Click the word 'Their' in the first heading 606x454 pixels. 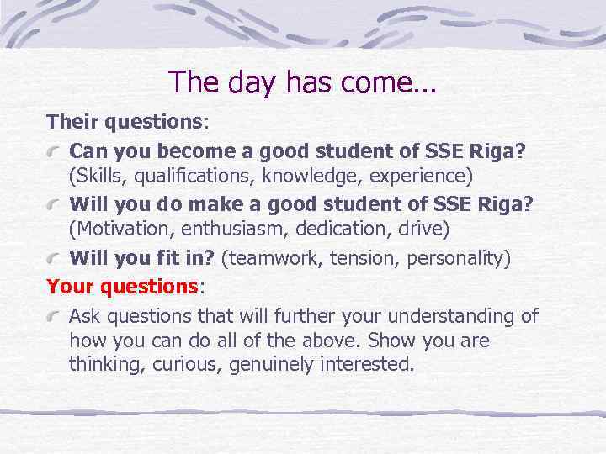click(73, 121)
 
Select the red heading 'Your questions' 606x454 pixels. click(121, 287)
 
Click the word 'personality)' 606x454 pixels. click(459, 258)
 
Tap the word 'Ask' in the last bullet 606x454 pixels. click(84, 317)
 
